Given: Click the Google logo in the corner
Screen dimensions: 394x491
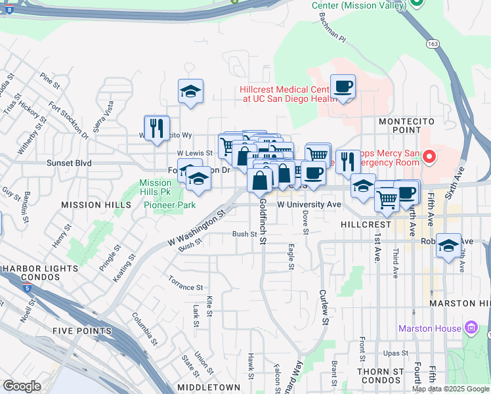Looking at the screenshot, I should pos(22,386).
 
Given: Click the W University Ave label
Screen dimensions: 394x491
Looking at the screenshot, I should pos(309,205).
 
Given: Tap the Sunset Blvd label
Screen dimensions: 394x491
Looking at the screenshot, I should pos(68,163).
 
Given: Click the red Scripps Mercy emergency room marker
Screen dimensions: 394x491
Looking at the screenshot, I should pos(429,156).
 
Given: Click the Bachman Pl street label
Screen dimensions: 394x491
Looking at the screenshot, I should pos(333,32).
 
